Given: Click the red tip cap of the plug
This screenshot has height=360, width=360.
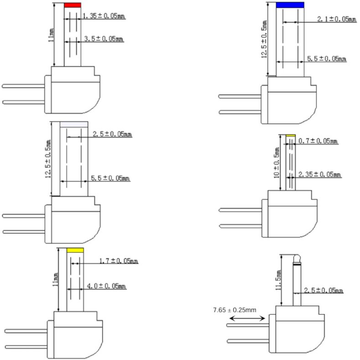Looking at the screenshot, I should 72,5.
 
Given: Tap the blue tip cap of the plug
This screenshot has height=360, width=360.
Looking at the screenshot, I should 290,5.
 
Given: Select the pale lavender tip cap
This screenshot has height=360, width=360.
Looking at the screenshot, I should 74,124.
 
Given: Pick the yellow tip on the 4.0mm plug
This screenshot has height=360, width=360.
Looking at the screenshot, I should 75,251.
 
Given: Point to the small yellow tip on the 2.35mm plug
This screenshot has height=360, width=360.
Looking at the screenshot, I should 291,135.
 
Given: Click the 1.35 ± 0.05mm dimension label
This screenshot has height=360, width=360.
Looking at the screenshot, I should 103,16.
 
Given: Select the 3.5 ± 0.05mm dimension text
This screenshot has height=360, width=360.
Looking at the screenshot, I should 104,40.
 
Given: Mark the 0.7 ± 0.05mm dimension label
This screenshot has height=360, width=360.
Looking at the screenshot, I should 318,142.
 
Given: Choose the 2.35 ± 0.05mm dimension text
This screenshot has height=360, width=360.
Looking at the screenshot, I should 319,175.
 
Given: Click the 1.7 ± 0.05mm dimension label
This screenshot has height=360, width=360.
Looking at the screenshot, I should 118,261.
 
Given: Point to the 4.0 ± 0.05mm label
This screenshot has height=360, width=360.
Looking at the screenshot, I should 106,286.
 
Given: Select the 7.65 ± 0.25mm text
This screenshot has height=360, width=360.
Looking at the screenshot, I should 234,310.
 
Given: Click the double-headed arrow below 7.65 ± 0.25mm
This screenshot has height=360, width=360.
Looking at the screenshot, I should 247,318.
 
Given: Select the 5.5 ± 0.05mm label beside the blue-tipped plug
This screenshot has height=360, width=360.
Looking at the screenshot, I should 326,59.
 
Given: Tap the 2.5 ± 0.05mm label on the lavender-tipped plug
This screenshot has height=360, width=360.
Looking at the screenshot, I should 112,134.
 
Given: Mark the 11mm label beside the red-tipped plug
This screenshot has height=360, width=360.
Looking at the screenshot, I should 51,34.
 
